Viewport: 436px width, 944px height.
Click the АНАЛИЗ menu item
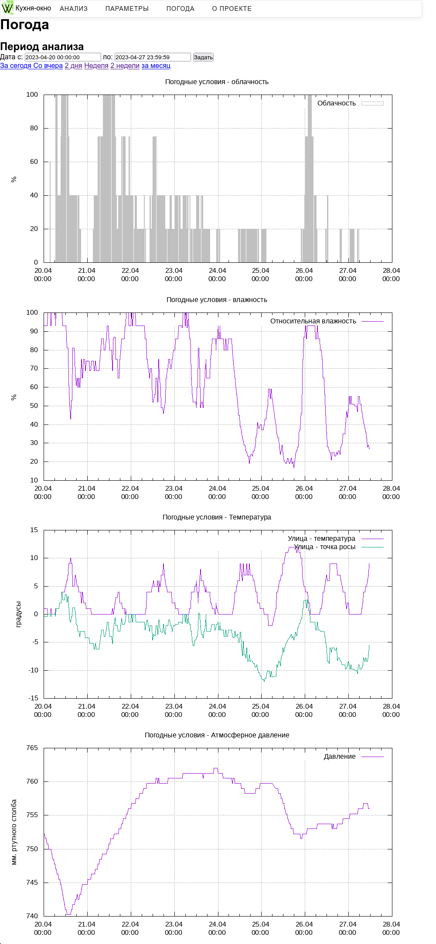pyautogui.click(x=74, y=9)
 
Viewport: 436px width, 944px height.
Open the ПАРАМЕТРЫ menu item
pyautogui.click(x=127, y=9)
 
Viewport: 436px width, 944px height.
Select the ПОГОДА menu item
pyautogui.click(x=180, y=9)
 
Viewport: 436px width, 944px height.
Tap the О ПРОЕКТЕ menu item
pyautogui.click(x=232, y=9)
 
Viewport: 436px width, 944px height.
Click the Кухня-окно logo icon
pyautogui.click(x=7, y=8)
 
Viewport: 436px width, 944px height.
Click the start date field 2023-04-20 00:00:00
pyautogui.click(x=63, y=57)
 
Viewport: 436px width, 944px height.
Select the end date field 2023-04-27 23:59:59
pyautogui.click(x=153, y=57)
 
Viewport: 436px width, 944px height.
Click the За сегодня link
pyautogui.click(x=16, y=66)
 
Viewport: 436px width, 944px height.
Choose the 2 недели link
pyautogui.click(x=125, y=66)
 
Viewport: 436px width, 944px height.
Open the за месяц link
pyautogui.click(x=156, y=66)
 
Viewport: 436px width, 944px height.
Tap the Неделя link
pyautogui.click(x=96, y=66)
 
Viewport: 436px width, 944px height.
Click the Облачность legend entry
pyautogui.click(x=337, y=103)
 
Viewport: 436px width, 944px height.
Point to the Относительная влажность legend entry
pyautogui.click(x=313, y=321)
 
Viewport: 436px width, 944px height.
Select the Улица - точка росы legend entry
pyautogui.click(x=324, y=547)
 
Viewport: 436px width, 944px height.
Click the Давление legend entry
pyautogui.click(x=340, y=757)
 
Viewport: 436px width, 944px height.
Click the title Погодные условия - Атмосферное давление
pyautogui.click(x=217, y=735)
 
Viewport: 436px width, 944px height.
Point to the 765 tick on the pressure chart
pyautogui.click(x=32, y=748)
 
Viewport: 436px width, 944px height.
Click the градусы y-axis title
pyautogui.click(x=18, y=614)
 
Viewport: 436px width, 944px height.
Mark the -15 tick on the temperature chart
pyautogui.click(x=33, y=698)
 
